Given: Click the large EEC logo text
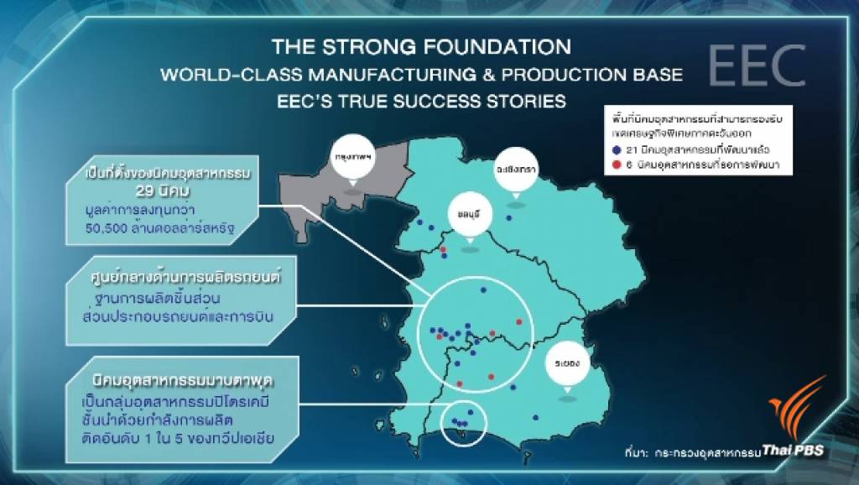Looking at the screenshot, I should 756,65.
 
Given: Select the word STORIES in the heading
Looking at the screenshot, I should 518,102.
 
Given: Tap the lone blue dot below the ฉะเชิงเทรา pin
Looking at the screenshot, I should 508,217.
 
